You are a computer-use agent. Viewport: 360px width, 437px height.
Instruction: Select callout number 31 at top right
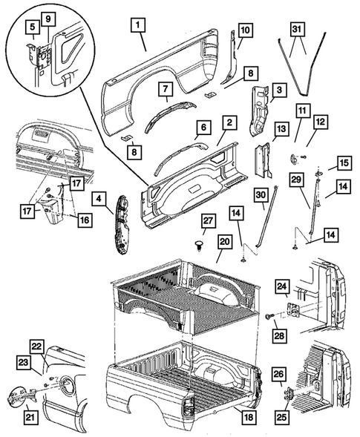tap(297, 29)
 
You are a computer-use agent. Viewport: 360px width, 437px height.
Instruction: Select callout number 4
tap(97, 199)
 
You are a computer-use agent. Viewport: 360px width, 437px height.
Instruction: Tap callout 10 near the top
tap(245, 30)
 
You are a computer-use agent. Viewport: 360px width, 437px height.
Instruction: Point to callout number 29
tap(295, 180)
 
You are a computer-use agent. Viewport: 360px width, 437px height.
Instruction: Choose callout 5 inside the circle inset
tap(33, 28)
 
